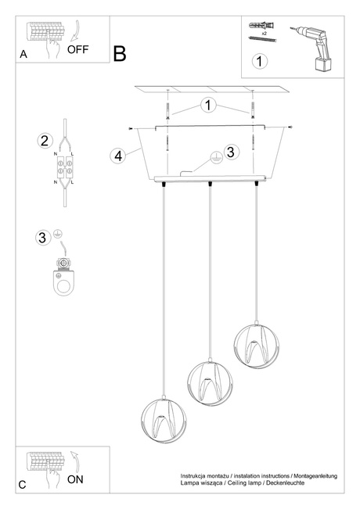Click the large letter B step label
tap(119, 54)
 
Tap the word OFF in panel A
tap(78, 49)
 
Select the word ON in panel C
tap(76, 479)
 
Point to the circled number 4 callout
tap(117, 156)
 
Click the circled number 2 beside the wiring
tap(45, 141)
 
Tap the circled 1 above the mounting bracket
tap(207, 104)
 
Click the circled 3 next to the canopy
tap(230, 152)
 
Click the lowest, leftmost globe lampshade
tap(161, 422)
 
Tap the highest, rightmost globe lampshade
tap(256, 343)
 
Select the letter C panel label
tap(23, 485)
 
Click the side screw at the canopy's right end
tap(290, 127)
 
